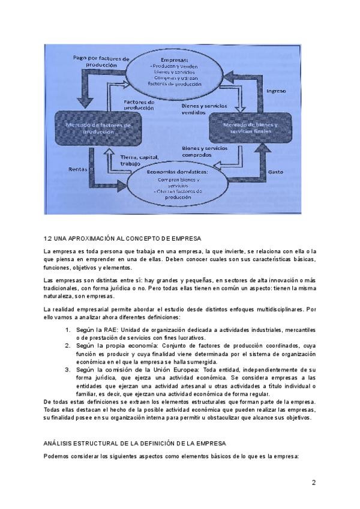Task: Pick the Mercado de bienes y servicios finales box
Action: pyautogui.click(x=250, y=127)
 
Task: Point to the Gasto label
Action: pyautogui.click(x=275, y=172)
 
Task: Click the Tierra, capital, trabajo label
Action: pyautogui.click(x=138, y=160)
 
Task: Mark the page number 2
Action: pyautogui.click(x=314, y=483)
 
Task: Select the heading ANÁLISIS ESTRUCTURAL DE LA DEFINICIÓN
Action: pyautogui.click(x=134, y=443)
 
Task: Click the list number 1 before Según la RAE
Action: pyautogui.click(x=67, y=330)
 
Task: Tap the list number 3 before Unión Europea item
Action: pyautogui.click(x=67, y=370)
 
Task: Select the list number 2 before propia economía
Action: pyautogui.click(x=67, y=346)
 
